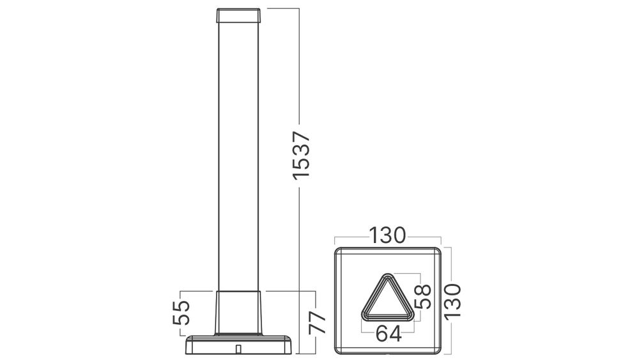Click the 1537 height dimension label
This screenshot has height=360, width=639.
(302, 155)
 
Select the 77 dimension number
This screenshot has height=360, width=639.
(318, 323)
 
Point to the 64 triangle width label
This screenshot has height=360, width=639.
(389, 334)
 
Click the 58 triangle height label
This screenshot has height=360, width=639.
(422, 297)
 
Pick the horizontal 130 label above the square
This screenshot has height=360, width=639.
(388, 235)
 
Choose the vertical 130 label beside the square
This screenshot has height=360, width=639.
(453, 302)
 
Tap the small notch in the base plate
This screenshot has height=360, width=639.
(238, 349)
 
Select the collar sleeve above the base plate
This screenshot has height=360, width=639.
(238, 313)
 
